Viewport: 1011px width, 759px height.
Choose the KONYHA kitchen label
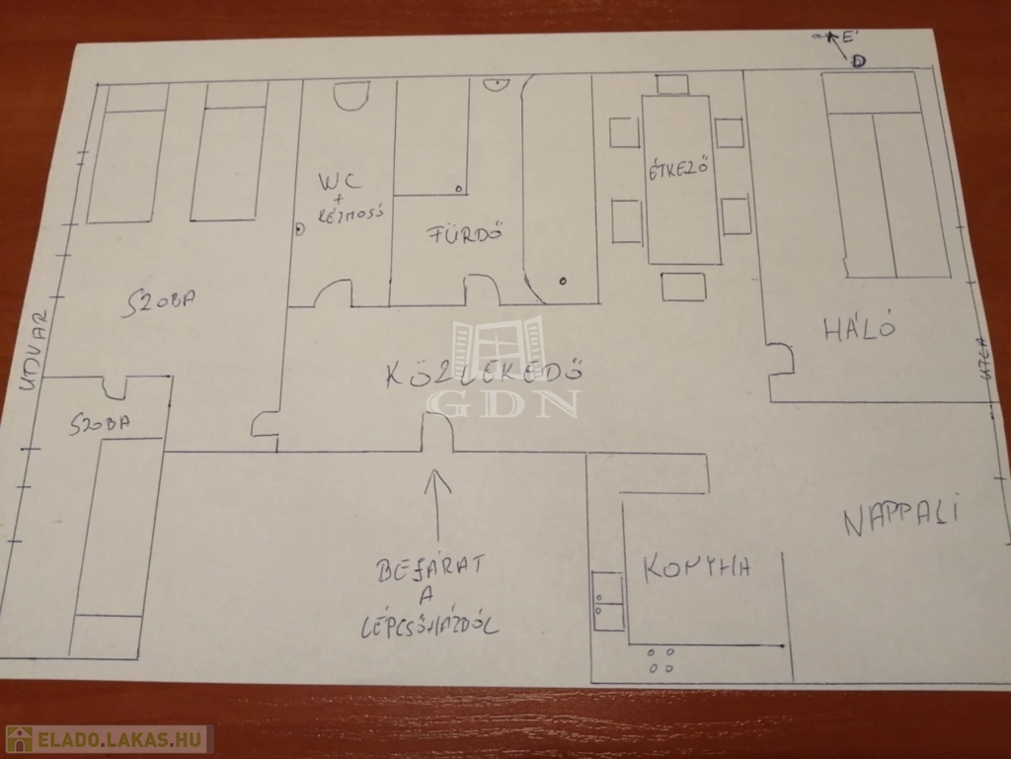click(697, 567)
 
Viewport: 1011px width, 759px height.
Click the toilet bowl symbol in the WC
click(349, 95)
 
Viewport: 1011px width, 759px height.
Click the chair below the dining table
click(683, 287)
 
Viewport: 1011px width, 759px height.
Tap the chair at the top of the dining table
click(671, 84)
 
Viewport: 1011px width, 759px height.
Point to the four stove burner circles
click(661, 659)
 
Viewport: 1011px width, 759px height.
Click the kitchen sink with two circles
click(608, 601)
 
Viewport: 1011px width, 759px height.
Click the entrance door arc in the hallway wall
click(437, 432)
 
